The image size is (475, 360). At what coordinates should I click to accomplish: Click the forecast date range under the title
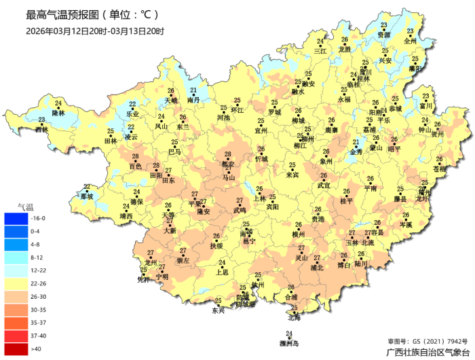coord(94,31)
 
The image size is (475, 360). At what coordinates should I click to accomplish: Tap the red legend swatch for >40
coord(14,349)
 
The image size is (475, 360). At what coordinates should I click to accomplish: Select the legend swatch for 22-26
coord(14,283)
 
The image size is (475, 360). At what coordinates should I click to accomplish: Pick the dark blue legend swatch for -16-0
coord(14,218)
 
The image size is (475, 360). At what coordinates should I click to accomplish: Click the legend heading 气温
coord(25,206)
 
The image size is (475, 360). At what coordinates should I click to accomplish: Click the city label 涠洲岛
coord(289,342)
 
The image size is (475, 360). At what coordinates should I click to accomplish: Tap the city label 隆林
coord(58,113)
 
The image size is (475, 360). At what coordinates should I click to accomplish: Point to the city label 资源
coord(384,34)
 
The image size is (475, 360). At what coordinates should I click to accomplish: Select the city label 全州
coord(410,41)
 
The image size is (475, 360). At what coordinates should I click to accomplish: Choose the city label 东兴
coord(218,310)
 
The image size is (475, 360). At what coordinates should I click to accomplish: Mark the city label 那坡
coord(86,196)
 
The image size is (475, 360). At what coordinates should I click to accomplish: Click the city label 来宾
coord(292,175)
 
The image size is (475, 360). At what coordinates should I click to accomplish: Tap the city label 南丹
coord(193,100)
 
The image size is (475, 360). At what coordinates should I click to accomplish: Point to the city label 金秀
coord(356,152)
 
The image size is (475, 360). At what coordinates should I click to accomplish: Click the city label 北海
coord(294,317)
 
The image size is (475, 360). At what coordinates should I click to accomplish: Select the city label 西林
coord(42,129)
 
